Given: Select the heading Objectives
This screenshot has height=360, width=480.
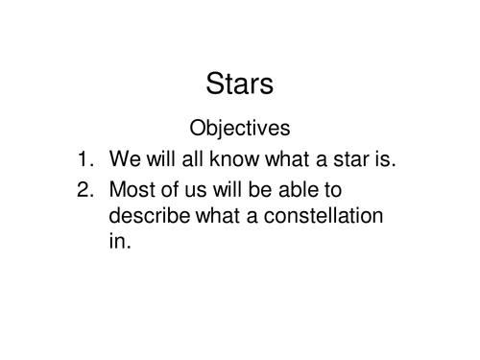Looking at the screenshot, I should (240, 127).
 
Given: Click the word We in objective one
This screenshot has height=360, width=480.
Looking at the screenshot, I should (125, 157).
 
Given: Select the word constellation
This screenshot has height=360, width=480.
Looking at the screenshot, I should (325, 216).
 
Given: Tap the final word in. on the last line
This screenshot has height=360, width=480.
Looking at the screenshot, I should (118, 242).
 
